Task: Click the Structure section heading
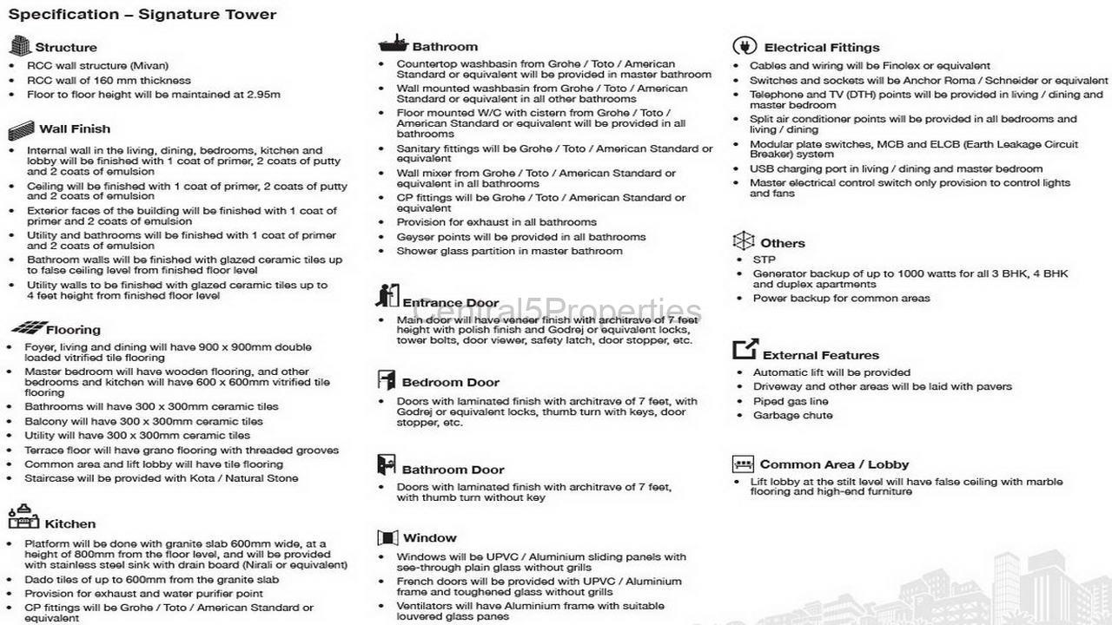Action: point(66,48)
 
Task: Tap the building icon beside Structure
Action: point(19,46)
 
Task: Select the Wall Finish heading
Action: point(75,129)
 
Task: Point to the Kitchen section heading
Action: point(69,524)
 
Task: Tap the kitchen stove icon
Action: point(23,517)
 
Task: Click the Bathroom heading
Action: point(445,47)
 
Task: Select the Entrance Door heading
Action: point(450,303)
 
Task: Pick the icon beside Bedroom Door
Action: point(387,380)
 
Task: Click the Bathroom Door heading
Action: point(453,470)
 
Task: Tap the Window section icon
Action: point(387,537)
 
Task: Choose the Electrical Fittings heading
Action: point(821,48)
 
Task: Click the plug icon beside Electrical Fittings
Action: point(744,46)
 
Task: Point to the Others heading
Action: point(782,243)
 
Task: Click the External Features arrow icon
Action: point(745,349)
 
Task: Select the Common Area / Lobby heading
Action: point(834,464)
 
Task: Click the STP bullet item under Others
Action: point(764,260)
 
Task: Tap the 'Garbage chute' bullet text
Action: point(792,415)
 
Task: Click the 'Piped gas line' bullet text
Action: point(790,401)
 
